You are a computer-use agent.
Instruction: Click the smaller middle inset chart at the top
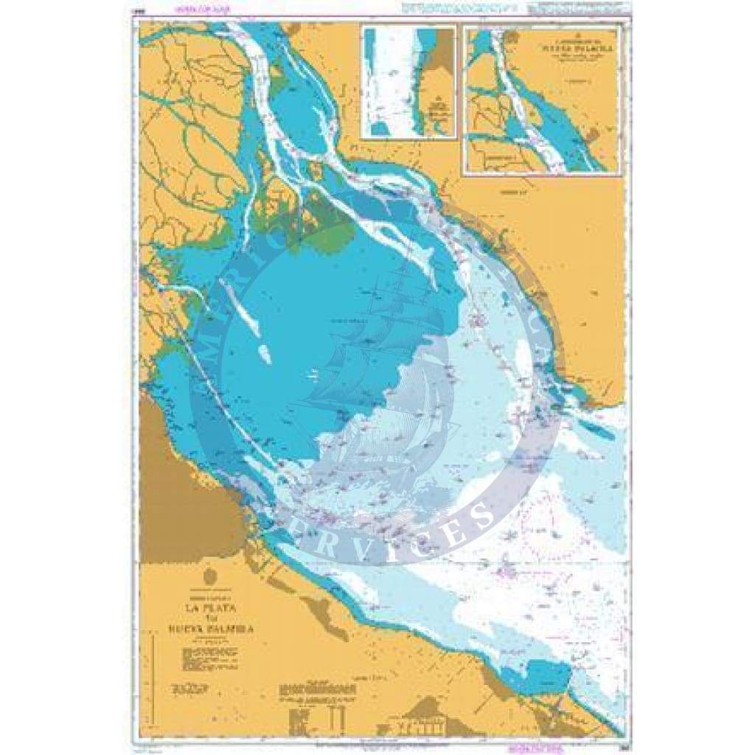pyautogui.click(x=408, y=81)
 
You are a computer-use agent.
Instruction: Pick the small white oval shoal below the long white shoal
pyautogui.click(x=263, y=354)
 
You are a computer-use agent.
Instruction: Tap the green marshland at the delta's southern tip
pyautogui.click(x=332, y=232)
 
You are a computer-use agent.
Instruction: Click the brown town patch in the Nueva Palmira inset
pyautogui.click(x=592, y=137)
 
